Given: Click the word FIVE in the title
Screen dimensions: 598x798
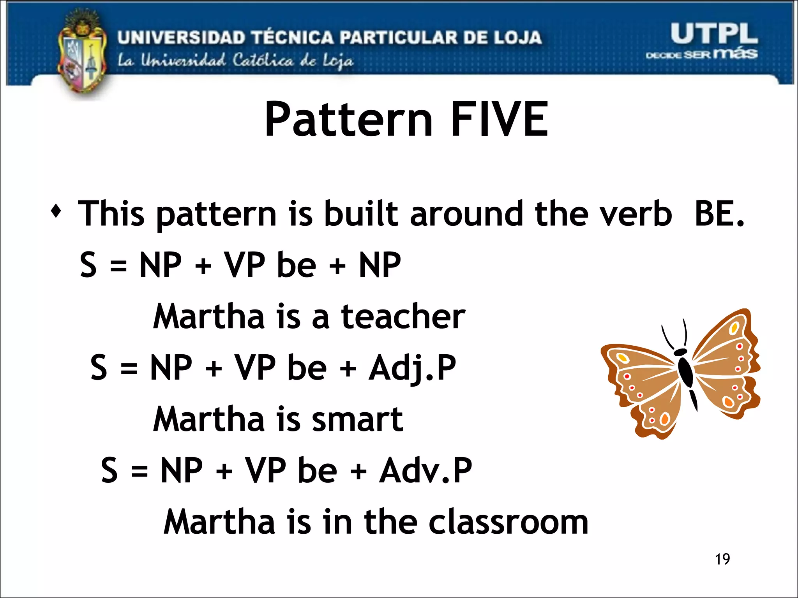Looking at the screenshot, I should point(500,119).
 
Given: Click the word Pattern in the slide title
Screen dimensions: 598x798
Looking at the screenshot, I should point(349,120).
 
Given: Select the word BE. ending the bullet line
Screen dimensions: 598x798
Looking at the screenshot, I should point(719,213).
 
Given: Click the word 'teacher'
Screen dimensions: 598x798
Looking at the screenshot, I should point(403,317).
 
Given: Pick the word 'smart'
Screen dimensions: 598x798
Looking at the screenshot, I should point(357,419).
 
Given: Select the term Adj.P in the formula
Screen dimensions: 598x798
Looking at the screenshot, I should point(412,368).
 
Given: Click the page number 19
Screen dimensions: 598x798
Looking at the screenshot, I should point(722,559).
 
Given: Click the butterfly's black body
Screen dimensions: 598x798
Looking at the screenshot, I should point(685,370).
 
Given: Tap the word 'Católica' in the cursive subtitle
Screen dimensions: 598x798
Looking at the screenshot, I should point(263,61).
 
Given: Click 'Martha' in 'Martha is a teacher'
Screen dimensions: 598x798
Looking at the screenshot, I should point(209,317).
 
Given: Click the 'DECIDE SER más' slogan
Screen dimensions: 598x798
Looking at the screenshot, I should point(701,54).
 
